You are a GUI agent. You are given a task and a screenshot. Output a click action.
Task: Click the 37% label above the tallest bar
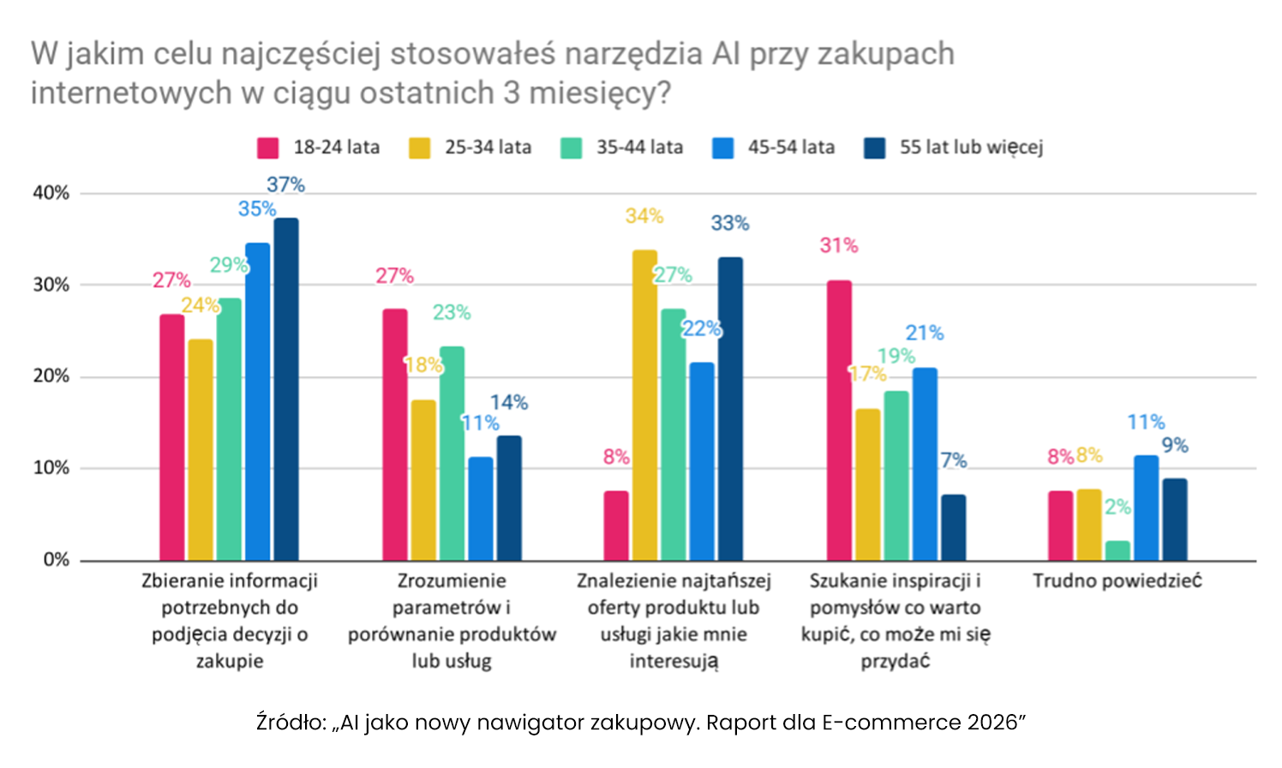(285, 184)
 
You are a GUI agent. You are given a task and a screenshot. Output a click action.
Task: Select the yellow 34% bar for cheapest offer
(644, 405)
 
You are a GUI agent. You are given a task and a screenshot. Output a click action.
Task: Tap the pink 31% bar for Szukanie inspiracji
(839, 420)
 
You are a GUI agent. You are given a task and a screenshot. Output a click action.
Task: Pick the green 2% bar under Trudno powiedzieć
(1117, 550)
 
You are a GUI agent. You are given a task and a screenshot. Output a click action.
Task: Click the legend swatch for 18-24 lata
(268, 147)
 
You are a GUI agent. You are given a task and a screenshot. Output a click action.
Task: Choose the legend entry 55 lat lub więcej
(971, 147)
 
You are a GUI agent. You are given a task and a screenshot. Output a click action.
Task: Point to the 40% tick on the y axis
(51, 193)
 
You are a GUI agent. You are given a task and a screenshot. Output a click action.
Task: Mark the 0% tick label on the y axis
(56, 560)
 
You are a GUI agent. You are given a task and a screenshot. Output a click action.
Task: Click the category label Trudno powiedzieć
(1117, 581)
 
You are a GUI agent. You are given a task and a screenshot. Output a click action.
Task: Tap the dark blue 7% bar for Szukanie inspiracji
(953, 527)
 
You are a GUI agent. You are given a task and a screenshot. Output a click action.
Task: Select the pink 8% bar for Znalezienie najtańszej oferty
(616, 525)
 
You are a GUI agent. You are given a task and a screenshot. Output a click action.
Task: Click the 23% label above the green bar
(452, 312)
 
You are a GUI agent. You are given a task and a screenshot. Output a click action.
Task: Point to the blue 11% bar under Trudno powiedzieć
(1146, 507)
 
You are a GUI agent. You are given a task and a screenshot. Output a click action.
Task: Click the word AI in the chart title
(726, 54)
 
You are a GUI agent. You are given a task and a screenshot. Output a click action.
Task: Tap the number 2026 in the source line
(996, 722)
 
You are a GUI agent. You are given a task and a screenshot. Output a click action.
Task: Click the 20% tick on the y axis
(51, 376)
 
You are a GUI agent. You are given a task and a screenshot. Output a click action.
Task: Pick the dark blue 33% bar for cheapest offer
(730, 408)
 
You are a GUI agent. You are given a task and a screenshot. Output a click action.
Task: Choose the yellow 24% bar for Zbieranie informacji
(201, 450)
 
